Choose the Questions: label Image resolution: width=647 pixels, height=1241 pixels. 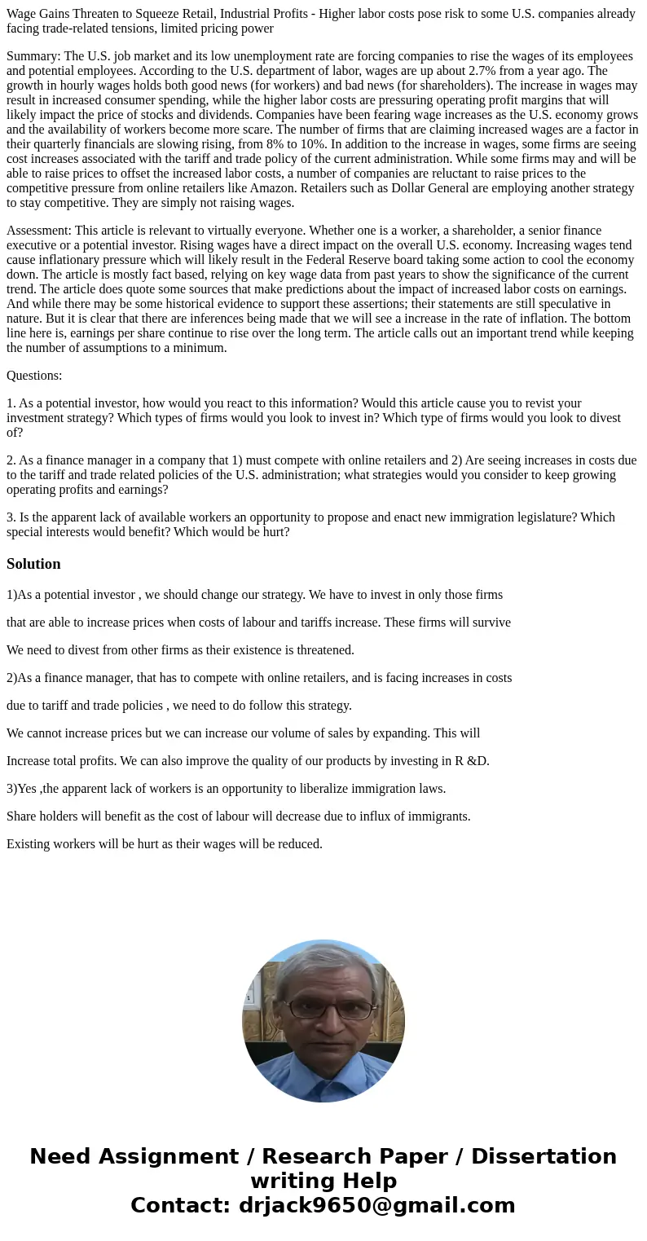pos(34,376)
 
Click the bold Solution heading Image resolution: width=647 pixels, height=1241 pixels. pos(33,564)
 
